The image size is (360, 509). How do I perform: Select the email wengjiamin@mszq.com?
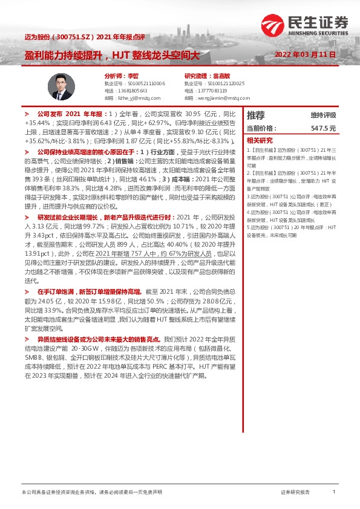coord(211,97)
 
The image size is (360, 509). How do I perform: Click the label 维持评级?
coord(323,115)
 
